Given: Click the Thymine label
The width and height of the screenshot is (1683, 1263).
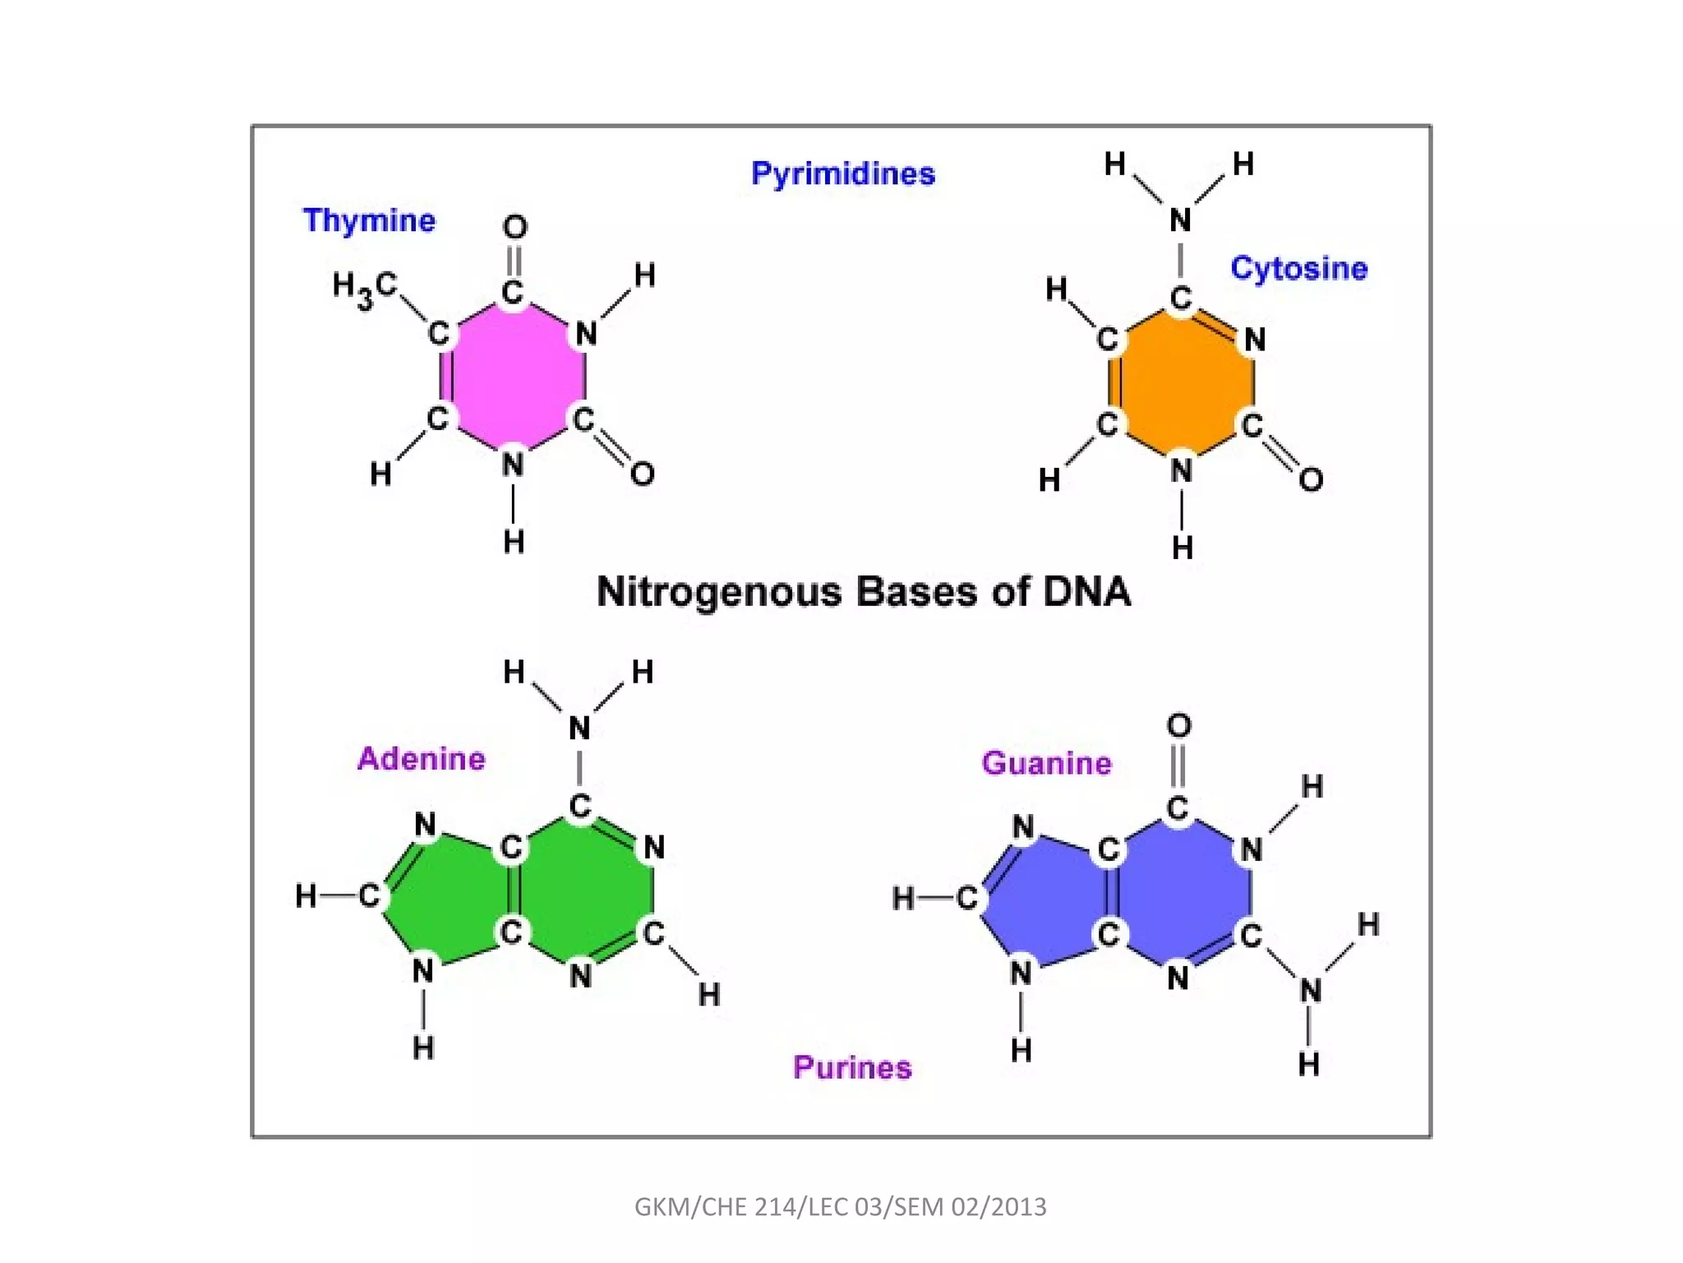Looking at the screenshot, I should [x=369, y=220].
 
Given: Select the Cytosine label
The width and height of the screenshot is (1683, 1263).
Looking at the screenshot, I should [x=1298, y=268].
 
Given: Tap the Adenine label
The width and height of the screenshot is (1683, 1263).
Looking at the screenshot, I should [x=421, y=758].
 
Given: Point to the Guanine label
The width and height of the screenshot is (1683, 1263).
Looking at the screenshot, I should [x=1046, y=763].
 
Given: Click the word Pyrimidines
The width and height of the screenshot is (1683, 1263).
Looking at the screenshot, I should [x=843, y=173].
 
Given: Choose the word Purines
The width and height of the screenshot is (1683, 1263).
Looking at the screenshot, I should [x=852, y=1067].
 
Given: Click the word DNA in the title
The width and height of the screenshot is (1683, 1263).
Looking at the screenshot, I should [x=1086, y=591].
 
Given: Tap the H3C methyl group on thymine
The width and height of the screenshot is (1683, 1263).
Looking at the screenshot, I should [x=364, y=289].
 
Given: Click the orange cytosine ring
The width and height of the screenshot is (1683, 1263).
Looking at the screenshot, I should [x=1182, y=382].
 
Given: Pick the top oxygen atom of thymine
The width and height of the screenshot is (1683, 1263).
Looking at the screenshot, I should [x=515, y=227].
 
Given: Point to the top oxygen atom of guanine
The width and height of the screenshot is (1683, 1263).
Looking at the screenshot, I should [x=1178, y=725].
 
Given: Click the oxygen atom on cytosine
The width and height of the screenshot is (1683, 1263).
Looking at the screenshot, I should [x=1311, y=479].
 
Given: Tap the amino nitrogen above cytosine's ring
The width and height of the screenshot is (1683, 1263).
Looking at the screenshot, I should [x=1180, y=220].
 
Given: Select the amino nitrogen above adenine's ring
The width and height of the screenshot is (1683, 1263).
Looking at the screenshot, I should [x=579, y=729].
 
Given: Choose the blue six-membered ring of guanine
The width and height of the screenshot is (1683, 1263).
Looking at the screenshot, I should [x=1181, y=892].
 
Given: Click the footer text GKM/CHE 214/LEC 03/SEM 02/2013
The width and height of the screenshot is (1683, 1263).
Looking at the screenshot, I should [x=841, y=1206].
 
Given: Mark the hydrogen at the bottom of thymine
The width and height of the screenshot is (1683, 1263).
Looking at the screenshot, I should [x=514, y=542].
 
